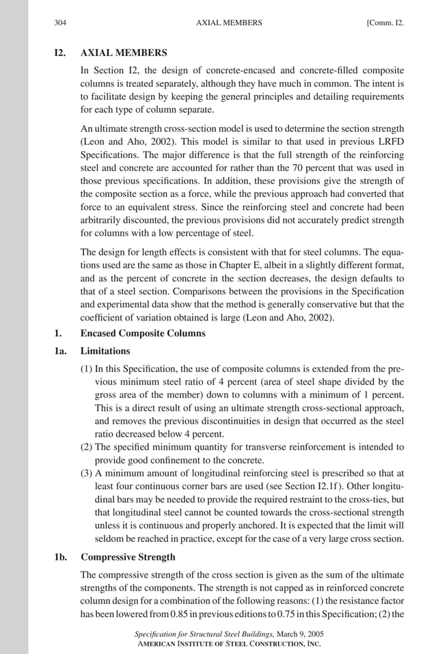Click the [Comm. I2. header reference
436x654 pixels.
385,23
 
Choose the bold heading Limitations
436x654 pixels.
105,351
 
